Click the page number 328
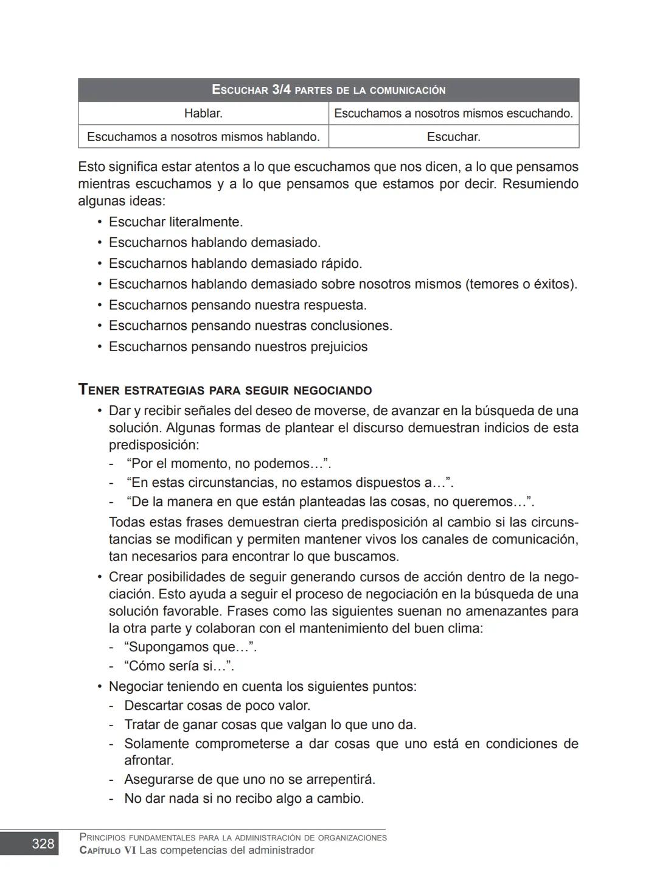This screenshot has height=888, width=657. (x=43, y=844)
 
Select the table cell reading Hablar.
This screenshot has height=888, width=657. (x=203, y=113)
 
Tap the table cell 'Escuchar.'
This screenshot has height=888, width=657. (x=453, y=137)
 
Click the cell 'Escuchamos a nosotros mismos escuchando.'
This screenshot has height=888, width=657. (x=453, y=113)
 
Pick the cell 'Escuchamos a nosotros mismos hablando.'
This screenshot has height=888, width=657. (x=203, y=137)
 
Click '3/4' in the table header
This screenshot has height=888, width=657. (x=281, y=90)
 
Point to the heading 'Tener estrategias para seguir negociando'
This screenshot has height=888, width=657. (x=225, y=390)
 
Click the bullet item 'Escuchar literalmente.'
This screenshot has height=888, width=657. (x=176, y=222)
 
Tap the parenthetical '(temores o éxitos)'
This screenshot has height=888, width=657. (x=521, y=284)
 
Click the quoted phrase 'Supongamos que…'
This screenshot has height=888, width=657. (x=190, y=647)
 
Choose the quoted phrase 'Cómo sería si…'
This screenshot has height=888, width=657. (x=179, y=666)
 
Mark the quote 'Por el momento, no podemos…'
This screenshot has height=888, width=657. (x=229, y=464)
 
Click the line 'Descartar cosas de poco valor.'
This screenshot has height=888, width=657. (x=217, y=706)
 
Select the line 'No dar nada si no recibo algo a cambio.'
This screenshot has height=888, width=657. (x=244, y=799)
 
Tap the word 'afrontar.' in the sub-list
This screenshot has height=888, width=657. (x=149, y=761)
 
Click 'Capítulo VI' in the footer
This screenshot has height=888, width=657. (x=108, y=850)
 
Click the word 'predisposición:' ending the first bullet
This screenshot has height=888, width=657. (x=153, y=445)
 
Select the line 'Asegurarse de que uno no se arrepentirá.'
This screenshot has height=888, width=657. (x=249, y=780)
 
